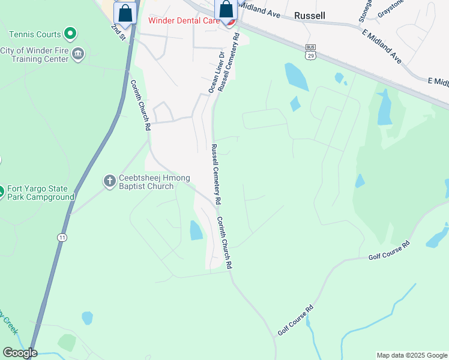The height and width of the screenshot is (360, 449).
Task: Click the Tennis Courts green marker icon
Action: [x=70, y=34]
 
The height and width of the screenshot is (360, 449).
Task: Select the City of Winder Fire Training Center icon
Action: [x=78, y=55]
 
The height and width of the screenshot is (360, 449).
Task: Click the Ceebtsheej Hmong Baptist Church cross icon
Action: [x=109, y=180]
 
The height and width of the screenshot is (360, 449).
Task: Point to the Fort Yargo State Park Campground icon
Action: [x=1, y=191]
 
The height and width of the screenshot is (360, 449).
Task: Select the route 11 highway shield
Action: [x=62, y=238]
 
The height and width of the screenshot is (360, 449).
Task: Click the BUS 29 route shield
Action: [x=310, y=52]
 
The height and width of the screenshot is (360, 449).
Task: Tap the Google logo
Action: [x=19, y=353]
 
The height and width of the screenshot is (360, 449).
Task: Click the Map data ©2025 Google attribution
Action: [x=411, y=355]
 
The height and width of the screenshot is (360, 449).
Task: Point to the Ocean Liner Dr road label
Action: [x=214, y=73]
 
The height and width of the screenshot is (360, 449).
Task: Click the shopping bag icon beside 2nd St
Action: [x=125, y=13]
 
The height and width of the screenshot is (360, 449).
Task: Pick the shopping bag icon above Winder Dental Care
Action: [x=226, y=10]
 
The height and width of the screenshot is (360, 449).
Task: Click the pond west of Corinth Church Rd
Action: [x=196, y=230]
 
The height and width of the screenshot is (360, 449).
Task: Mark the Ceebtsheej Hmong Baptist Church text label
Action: [x=146, y=182]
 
